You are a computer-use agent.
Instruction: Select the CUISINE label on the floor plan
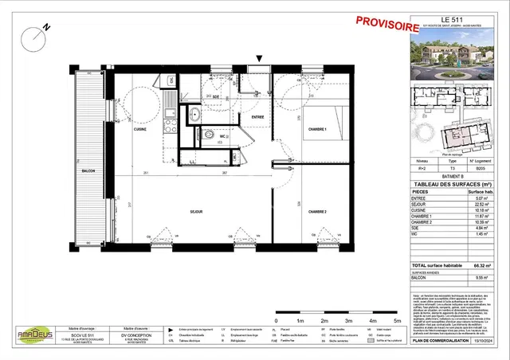[x=139, y=129]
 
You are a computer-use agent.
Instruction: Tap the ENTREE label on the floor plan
[x=257, y=118]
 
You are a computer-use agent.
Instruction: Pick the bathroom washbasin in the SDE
[x=194, y=115]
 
